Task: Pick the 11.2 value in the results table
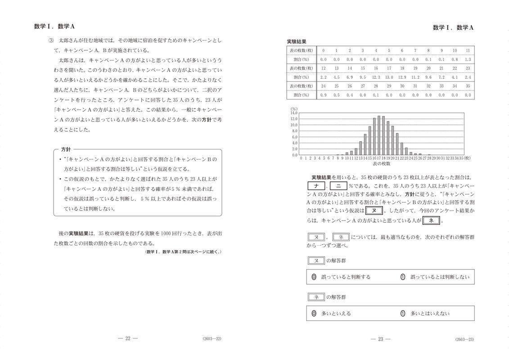click(x=415, y=77)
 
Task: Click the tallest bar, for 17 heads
click(x=378, y=135)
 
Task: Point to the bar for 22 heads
click(x=401, y=144)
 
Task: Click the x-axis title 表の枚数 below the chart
click(x=382, y=165)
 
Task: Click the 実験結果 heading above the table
click(x=297, y=41)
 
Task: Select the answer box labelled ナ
click(x=317, y=186)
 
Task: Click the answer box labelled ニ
click(x=338, y=186)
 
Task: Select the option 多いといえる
click(x=335, y=313)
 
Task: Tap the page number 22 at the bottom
click(x=127, y=339)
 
